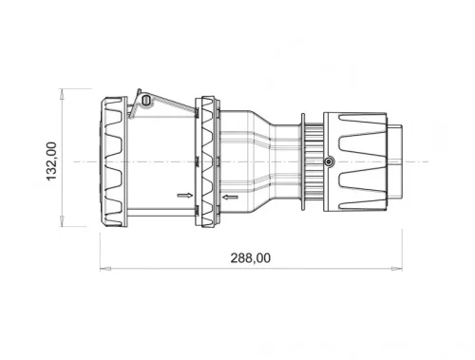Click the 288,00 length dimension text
[x=252, y=257]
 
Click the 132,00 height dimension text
[x=52, y=160]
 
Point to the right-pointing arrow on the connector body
[x=182, y=197]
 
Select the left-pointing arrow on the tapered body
[x=230, y=198]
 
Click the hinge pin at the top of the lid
[x=144, y=99]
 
